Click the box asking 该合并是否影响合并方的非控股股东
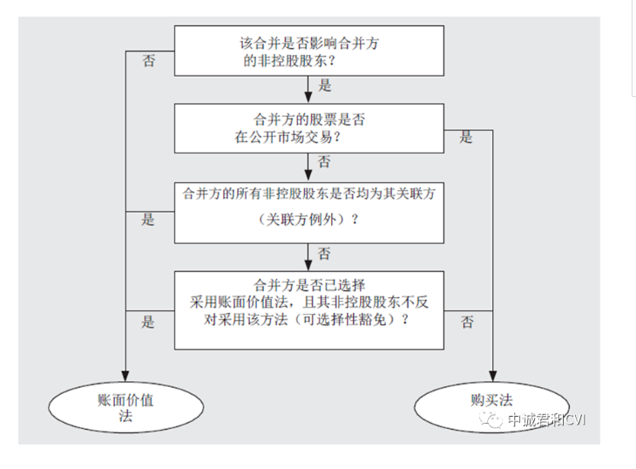tap(308, 50)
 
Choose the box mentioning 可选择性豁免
tap(308, 309)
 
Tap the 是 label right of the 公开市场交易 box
tap(467, 137)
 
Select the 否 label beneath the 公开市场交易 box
tap(324, 162)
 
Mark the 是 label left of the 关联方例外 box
tap(148, 219)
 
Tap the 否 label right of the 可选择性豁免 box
tap(468, 323)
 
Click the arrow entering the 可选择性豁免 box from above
tap(308, 259)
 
